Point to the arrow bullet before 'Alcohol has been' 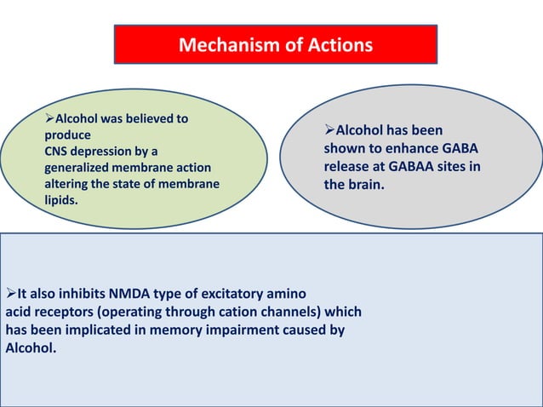pos(329,131)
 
